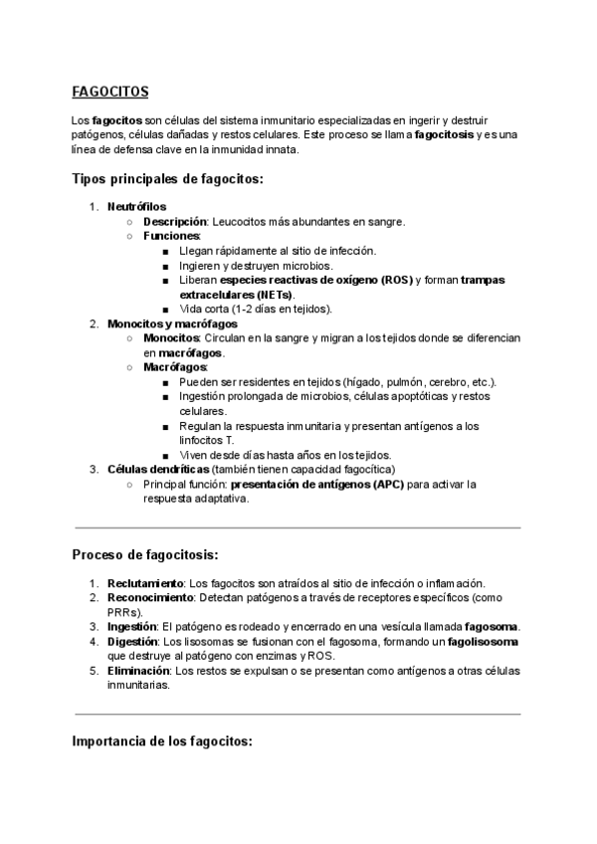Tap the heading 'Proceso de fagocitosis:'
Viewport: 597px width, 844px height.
145,553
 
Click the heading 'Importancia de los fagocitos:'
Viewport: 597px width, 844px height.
163,741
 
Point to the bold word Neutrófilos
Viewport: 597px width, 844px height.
137,206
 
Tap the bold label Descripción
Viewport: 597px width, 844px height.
175,221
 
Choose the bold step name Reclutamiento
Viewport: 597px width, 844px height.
145,582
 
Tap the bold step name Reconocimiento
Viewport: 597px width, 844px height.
150,597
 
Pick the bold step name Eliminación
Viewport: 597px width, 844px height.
138,671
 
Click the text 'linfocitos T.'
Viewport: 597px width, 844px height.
207,440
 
